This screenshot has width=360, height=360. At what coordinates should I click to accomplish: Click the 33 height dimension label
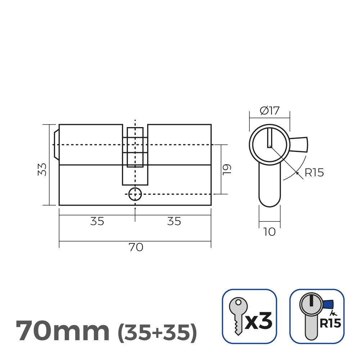click(x=42, y=170)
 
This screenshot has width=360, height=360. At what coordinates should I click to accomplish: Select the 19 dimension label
click(x=227, y=170)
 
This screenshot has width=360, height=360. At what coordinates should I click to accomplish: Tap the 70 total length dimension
click(x=136, y=247)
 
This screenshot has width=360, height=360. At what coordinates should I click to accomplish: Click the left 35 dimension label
click(x=97, y=221)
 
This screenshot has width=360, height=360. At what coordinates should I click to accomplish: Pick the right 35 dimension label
click(x=174, y=221)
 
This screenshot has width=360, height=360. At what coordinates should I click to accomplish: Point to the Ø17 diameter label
click(x=270, y=111)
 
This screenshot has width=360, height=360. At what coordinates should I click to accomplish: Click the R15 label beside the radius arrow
click(x=314, y=173)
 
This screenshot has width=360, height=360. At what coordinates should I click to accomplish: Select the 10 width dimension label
click(x=269, y=232)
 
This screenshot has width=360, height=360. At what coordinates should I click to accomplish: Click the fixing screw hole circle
click(x=135, y=194)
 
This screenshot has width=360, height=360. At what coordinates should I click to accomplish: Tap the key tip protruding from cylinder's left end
click(x=56, y=145)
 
